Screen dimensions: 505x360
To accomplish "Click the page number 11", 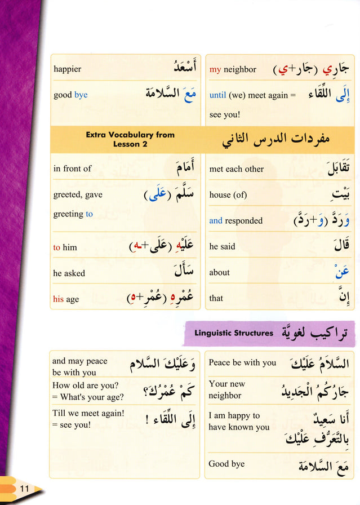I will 24,488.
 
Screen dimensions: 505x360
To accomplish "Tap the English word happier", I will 67,69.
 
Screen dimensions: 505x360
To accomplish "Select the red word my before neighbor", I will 215,70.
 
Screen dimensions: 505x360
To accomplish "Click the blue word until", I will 217,95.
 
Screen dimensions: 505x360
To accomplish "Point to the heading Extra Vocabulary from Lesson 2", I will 130,139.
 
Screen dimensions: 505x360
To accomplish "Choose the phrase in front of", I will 72,169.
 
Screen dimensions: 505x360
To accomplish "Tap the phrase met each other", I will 236,169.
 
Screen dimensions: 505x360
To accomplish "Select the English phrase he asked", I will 69,273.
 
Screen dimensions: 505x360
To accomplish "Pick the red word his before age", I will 58,299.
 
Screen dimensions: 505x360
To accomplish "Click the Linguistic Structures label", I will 233,333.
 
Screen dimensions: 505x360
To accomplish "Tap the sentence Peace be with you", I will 242,363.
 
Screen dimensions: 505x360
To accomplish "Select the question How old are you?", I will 85,386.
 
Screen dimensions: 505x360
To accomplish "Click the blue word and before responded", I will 215,221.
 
